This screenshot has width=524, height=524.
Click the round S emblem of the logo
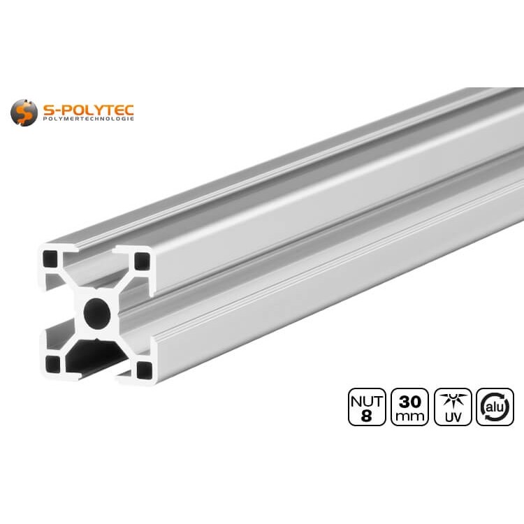[x=24, y=112]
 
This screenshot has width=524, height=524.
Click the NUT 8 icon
[x=367, y=407]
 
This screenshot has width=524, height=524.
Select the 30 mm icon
[x=410, y=407]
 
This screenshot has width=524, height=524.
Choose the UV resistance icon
[x=453, y=407]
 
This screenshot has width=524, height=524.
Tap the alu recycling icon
[x=495, y=407]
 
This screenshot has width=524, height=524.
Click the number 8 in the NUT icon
[x=367, y=416]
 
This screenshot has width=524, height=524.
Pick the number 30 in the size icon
[x=410, y=401]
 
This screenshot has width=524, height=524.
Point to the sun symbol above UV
[x=453, y=399]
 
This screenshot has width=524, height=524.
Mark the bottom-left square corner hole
[x=53, y=363]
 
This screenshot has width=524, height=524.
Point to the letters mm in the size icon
[x=410, y=416]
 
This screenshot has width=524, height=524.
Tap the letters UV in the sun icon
[x=453, y=417]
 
